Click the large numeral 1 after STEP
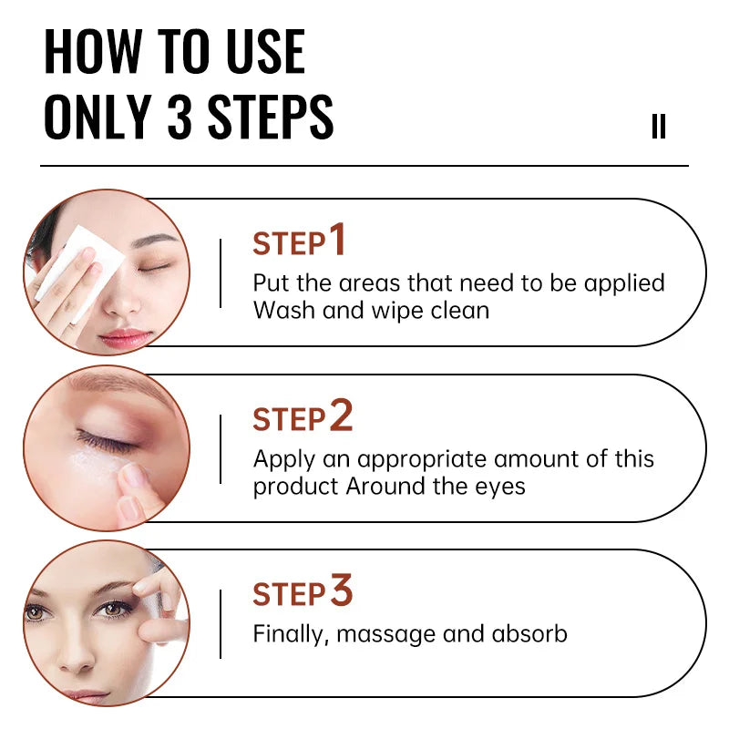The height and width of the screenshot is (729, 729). [x=338, y=241]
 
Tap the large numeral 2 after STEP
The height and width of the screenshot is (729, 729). [x=340, y=416]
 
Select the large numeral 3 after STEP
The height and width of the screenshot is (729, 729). [x=341, y=591]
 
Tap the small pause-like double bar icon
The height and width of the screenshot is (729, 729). [x=658, y=127]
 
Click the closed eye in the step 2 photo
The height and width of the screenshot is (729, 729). [x=108, y=443]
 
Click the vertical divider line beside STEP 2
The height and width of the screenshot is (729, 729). [x=221, y=449]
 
